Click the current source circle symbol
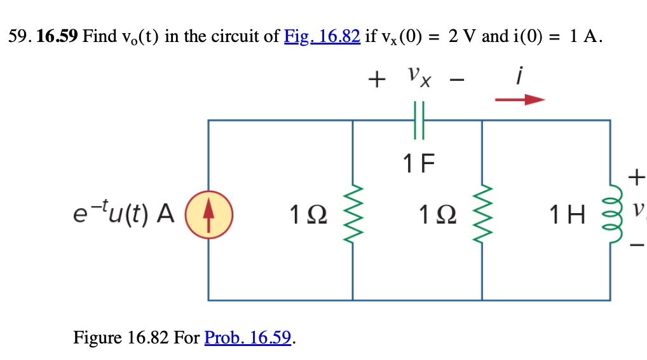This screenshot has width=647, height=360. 208,211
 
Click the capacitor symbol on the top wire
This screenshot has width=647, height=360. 418,120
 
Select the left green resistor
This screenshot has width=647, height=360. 353,211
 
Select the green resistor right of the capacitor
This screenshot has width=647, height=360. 482,211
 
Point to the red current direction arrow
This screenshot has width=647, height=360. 520,99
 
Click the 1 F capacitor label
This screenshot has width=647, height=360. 418,164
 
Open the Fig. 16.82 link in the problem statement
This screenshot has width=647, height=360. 322,36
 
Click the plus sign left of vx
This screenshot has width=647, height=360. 377,80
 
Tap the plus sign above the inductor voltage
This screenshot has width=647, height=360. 636,175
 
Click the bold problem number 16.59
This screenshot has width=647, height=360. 57,36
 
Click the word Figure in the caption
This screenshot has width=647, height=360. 99,337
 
